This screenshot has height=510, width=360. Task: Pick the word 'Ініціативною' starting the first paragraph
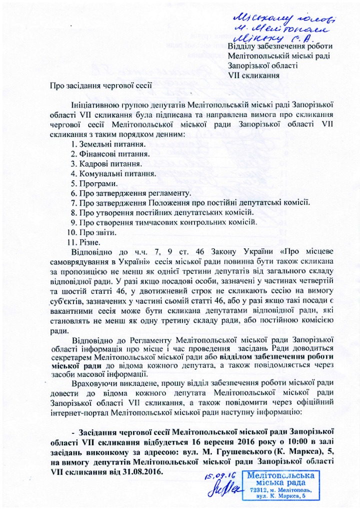[x=95, y=105]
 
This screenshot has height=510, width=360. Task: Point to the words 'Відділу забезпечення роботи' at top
[x=279, y=47]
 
